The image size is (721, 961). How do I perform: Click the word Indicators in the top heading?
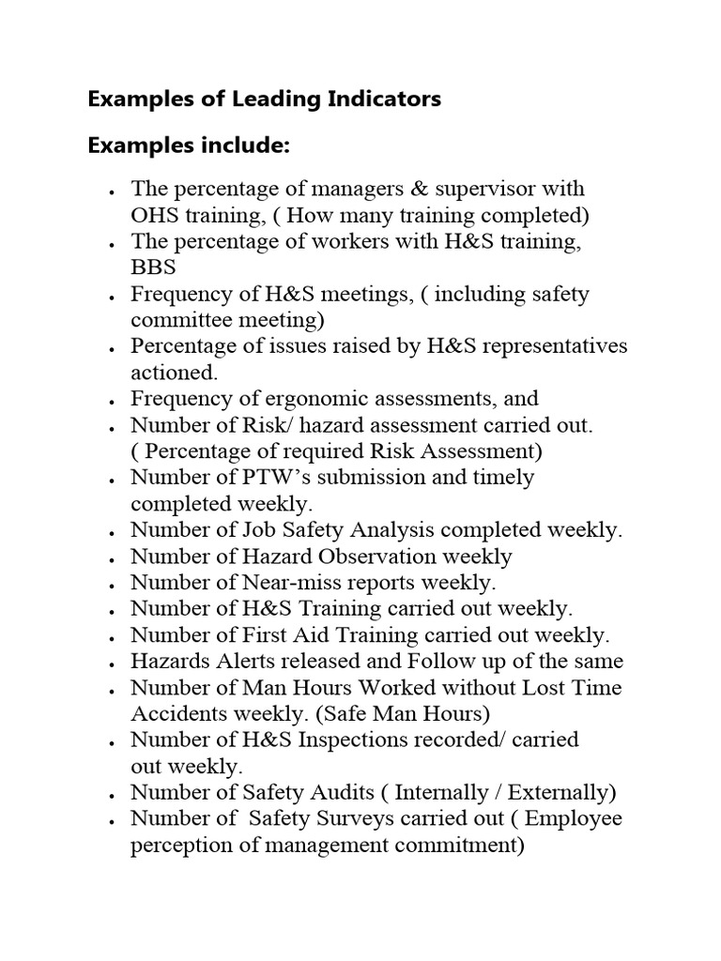[381, 99]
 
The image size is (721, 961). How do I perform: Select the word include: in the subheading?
[241, 147]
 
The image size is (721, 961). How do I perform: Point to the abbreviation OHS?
[154, 216]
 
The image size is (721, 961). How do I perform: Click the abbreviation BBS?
[153, 268]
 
